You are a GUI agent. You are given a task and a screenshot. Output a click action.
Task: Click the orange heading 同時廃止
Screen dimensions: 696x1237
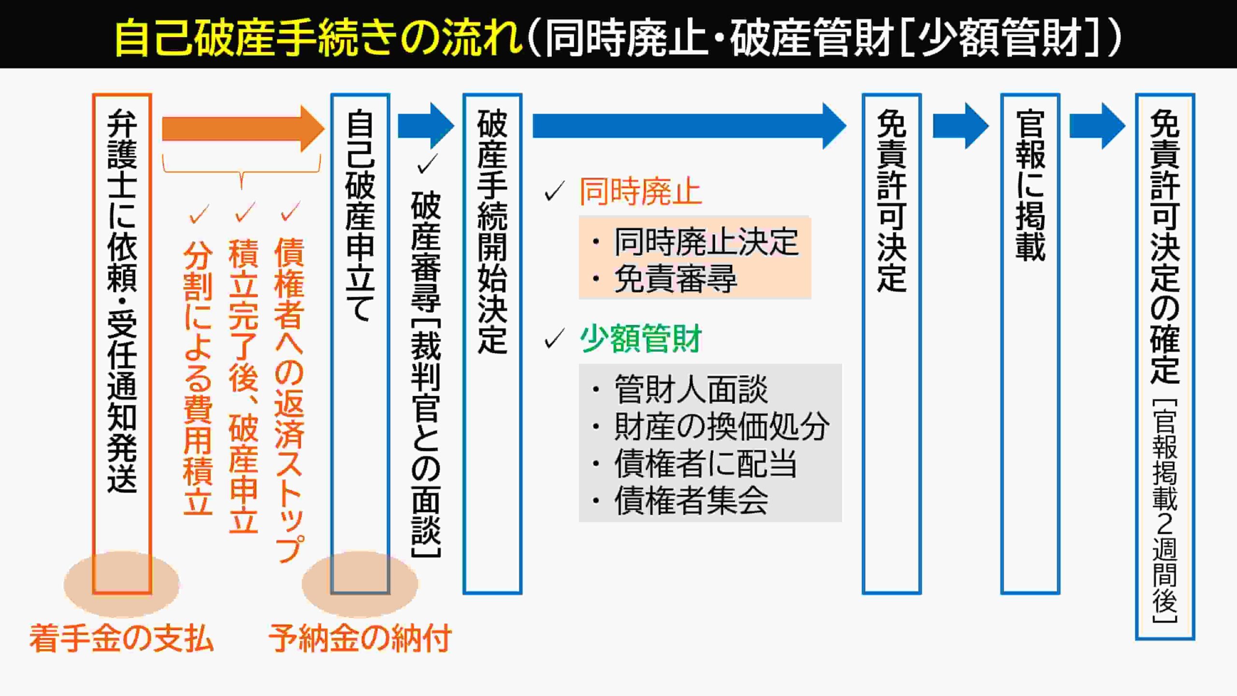click(x=640, y=192)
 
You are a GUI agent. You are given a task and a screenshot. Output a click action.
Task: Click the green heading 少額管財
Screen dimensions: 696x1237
click(x=640, y=339)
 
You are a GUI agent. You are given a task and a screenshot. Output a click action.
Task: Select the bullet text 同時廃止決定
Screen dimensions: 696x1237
click(x=705, y=242)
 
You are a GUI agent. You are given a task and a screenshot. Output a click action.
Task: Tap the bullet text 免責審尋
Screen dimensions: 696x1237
click(x=675, y=279)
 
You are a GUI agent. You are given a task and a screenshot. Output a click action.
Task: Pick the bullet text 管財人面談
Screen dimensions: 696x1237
click(x=691, y=390)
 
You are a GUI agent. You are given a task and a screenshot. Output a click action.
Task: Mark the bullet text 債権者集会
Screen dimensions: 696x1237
click(x=691, y=501)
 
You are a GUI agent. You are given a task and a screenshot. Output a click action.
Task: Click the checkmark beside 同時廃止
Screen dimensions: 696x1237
click(x=555, y=191)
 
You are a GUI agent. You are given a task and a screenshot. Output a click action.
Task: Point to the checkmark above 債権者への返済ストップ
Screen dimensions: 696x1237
click(x=291, y=212)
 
